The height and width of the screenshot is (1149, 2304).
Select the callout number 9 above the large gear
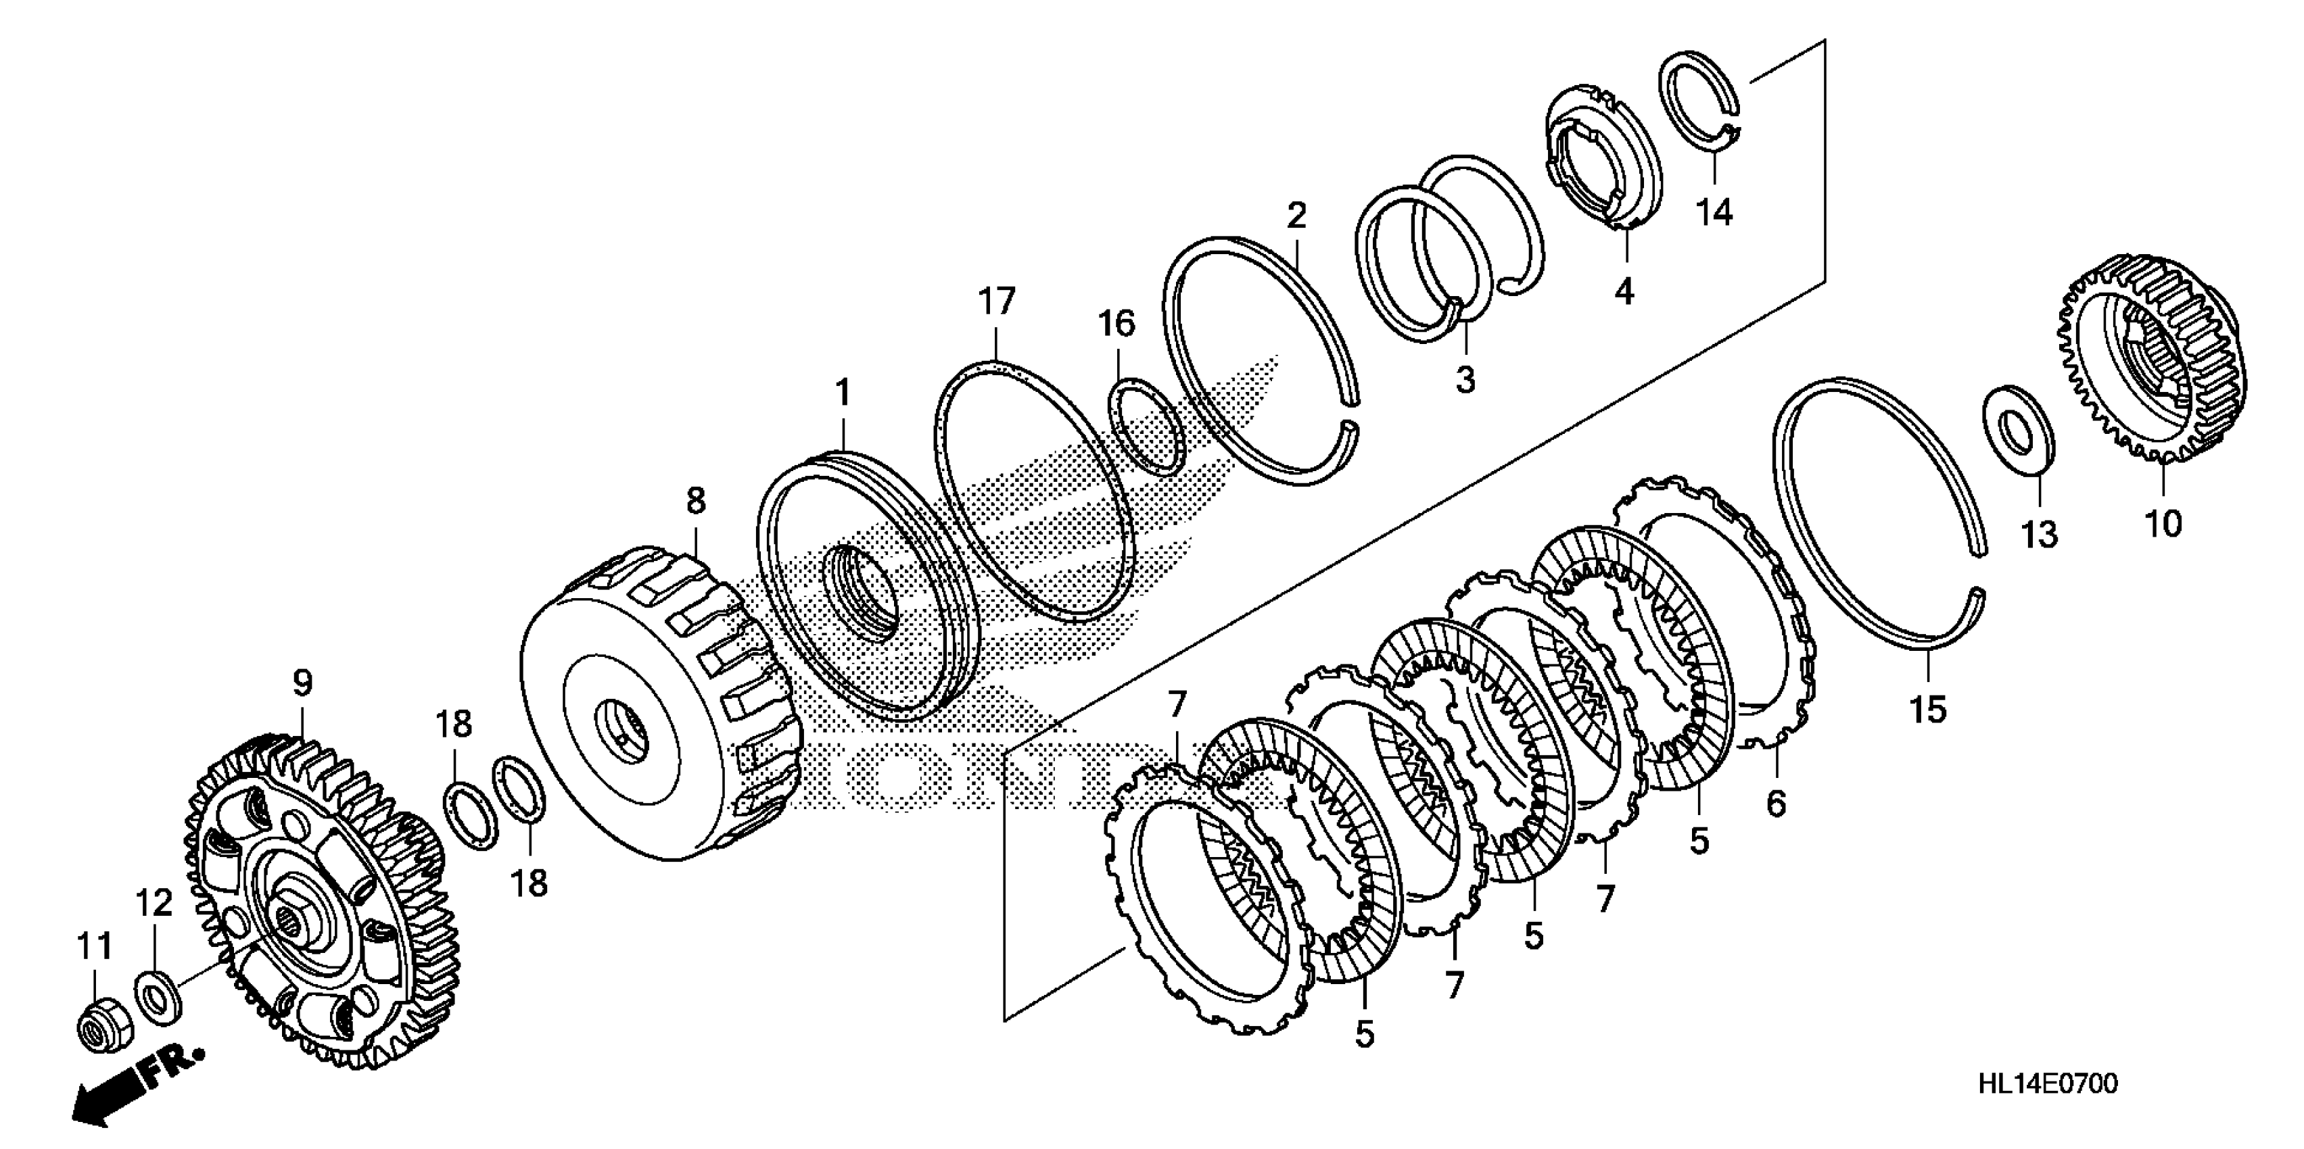tap(302, 684)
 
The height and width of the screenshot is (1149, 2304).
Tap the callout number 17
tap(996, 301)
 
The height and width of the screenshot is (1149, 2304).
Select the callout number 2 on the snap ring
tap(1296, 216)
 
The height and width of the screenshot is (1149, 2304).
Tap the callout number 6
tap(1775, 804)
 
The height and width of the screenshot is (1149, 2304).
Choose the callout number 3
tap(1465, 380)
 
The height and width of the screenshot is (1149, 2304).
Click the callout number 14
tap(1714, 213)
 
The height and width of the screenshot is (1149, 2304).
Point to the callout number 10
tap(2163, 523)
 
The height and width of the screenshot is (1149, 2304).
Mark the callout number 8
tap(696, 501)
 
